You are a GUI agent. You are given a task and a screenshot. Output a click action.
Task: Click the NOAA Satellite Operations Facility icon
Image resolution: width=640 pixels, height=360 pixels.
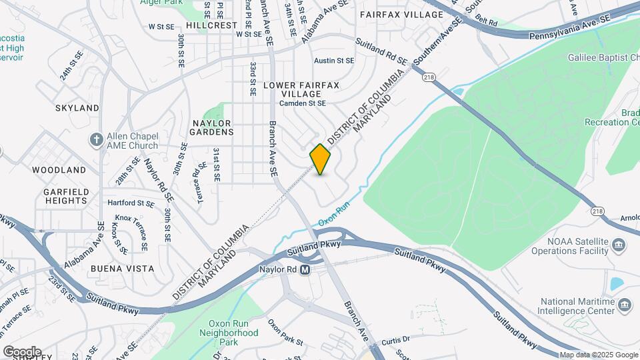pos(619,245)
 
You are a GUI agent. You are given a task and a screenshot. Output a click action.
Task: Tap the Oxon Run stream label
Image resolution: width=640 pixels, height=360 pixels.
pos(334,216)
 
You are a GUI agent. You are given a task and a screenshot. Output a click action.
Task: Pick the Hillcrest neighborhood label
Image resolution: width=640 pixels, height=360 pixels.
pos(212,25)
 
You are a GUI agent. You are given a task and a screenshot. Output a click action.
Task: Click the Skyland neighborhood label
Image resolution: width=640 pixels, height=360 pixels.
pos(77,107)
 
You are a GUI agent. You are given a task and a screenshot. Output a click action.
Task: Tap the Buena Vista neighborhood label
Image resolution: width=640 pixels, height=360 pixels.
pos(123,269)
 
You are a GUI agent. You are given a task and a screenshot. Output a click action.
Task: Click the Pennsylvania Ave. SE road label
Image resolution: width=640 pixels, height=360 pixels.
pos(570,31)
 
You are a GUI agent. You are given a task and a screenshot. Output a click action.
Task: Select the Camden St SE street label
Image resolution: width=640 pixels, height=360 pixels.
pos(303,103)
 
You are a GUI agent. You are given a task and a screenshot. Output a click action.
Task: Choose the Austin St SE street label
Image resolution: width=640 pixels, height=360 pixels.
pos(333,61)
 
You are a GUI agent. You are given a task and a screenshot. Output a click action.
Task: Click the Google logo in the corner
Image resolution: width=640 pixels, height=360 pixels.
pos(22,352)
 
